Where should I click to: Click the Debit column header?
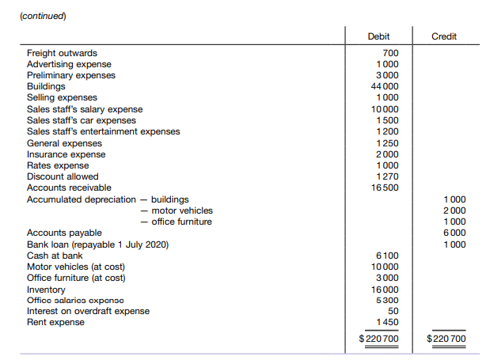(x=379, y=36)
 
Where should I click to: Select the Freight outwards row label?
(x=62, y=53)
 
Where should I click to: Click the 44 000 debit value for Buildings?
(x=385, y=86)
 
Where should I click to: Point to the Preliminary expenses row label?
(x=70, y=75)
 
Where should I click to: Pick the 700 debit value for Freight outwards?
(x=390, y=53)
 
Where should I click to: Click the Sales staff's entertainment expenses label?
(x=103, y=131)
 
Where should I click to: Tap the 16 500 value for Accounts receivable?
(x=385, y=188)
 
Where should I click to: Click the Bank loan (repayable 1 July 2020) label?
(x=97, y=244)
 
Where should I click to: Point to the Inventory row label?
(x=46, y=289)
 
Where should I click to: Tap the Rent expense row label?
(x=56, y=322)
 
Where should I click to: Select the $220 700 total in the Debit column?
(x=379, y=339)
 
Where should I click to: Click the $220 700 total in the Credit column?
(x=446, y=339)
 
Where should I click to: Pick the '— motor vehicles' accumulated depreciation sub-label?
(x=177, y=210)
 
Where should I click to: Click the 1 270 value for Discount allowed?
(x=387, y=176)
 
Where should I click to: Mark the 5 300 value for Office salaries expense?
(x=387, y=300)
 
